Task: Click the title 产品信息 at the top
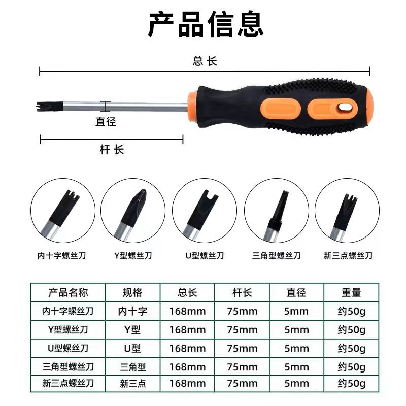[206, 24]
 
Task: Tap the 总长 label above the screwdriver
[205, 61]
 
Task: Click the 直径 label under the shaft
[106, 121]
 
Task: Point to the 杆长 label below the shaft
[112, 150]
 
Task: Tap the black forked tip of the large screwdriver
[49, 107]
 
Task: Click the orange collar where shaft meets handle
[193, 107]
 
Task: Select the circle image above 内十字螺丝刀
[63, 211]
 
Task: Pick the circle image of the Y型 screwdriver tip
[133, 211]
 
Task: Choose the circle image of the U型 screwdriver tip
[205, 211]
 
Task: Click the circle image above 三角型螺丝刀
[277, 211]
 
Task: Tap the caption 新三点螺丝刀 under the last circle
[348, 256]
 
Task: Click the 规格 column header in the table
[132, 293]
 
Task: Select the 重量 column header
[351, 293]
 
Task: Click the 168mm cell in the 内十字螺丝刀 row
[187, 311]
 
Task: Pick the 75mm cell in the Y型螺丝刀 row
[243, 330]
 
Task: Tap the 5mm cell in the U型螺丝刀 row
[296, 349]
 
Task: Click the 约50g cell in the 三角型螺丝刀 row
[351, 367]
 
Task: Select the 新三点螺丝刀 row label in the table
[68, 384]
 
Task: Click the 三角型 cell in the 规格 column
[133, 367]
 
